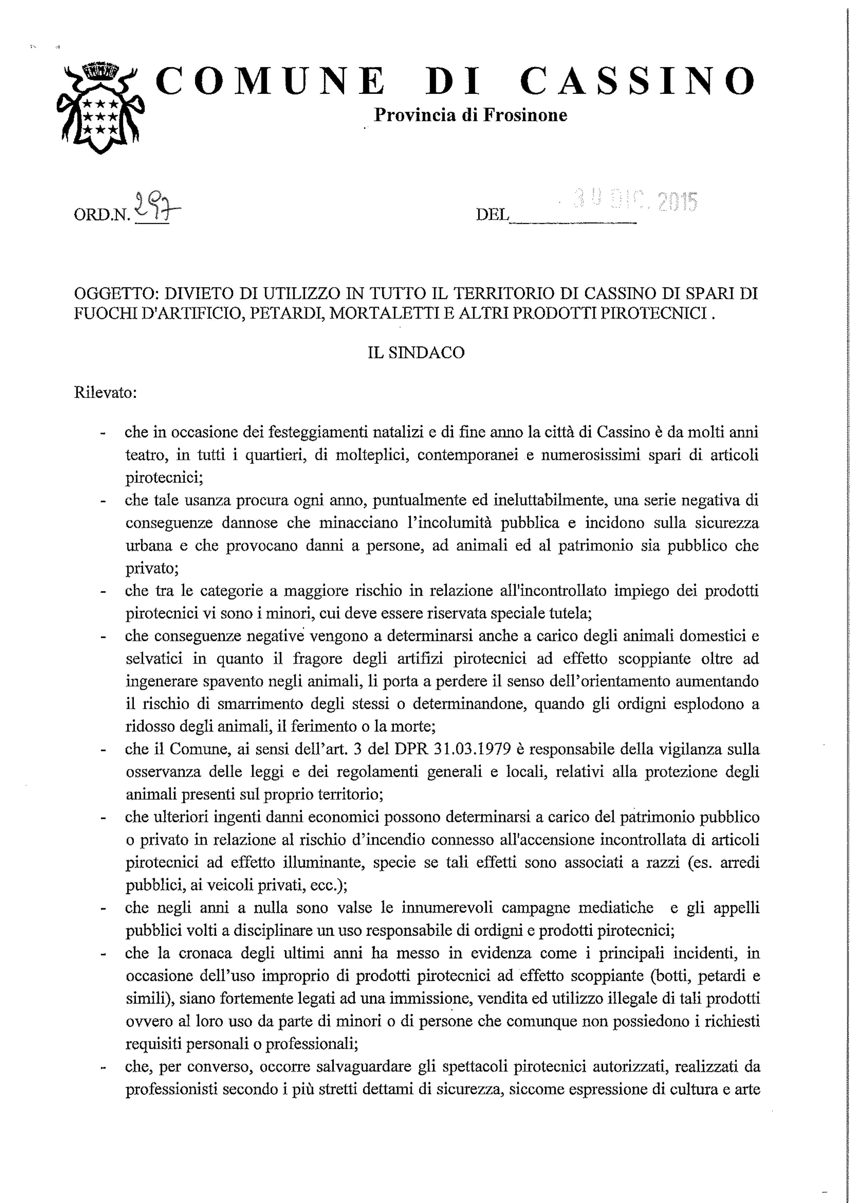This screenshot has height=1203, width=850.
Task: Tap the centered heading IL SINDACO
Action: pos(416,353)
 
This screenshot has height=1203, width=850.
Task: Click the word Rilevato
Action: pos(105,393)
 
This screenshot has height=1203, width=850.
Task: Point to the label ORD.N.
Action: pos(103,215)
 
